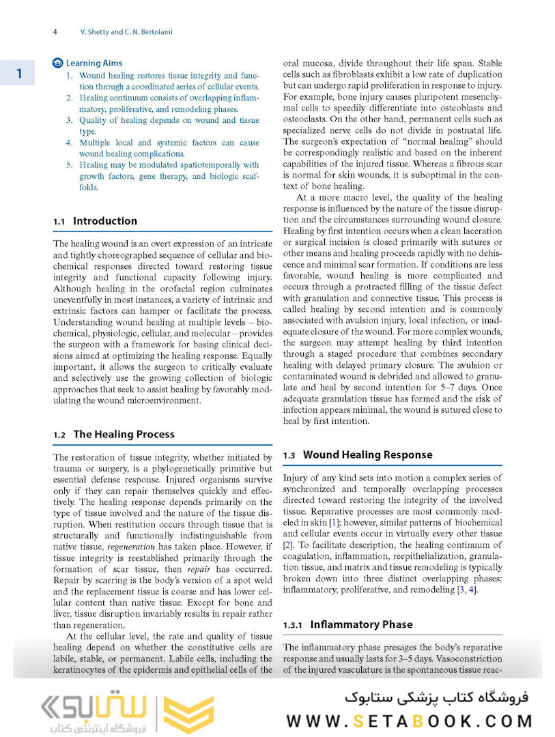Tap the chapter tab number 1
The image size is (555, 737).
tap(20, 73)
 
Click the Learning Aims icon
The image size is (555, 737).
tap(58, 63)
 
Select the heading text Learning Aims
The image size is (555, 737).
tap(94, 63)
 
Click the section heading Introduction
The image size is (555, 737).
tap(105, 221)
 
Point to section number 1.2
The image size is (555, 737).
tap(59, 435)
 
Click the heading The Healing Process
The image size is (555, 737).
tap(124, 434)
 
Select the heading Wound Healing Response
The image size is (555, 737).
tap(367, 454)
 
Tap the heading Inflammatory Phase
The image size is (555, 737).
tap(361, 624)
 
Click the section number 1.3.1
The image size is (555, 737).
tap(294, 625)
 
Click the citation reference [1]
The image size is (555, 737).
tap(335, 522)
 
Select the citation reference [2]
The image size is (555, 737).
tap(289, 545)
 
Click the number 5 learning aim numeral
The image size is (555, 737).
tap(70, 165)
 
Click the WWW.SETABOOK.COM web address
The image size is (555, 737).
tap(409, 721)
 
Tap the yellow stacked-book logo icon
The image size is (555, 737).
tap(188, 713)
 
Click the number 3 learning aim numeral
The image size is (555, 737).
tap(70, 121)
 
